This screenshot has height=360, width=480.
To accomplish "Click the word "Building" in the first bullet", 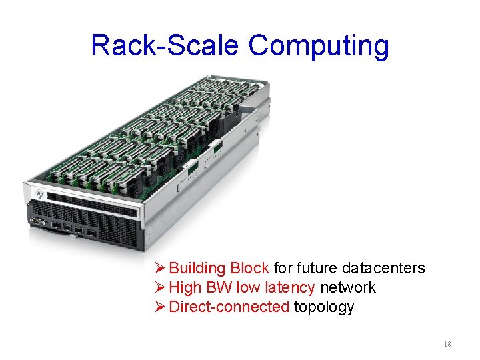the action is pyautogui.click(x=197, y=269).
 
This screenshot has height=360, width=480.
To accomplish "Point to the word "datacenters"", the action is pyautogui.click(x=383, y=268).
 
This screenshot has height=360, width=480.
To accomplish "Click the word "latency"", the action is pyautogui.click(x=288, y=288).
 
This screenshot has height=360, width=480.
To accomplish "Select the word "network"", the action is pyautogui.click(x=348, y=287).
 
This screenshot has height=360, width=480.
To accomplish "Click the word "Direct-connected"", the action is pyautogui.click(x=229, y=307).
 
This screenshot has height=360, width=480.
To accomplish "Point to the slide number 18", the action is pyautogui.click(x=447, y=344).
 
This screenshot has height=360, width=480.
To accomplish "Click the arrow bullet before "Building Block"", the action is pyautogui.click(x=160, y=269).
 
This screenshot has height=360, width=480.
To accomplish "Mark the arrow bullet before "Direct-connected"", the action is pyautogui.click(x=160, y=307).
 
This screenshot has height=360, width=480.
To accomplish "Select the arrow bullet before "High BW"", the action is pyautogui.click(x=160, y=288).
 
